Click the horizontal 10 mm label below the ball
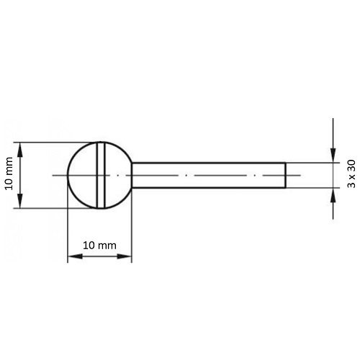[99, 246]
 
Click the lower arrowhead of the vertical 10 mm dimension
[20, 203]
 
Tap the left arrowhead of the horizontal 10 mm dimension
[72, 257]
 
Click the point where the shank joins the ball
[132, 175]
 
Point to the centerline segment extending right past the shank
[299, 175]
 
